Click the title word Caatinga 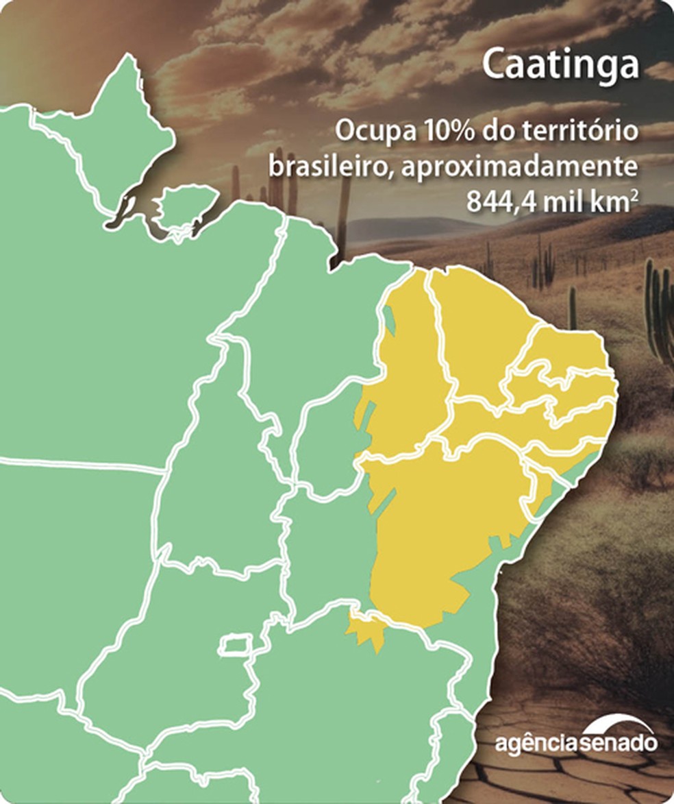pos(560,64)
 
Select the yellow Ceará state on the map pos(479,329)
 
